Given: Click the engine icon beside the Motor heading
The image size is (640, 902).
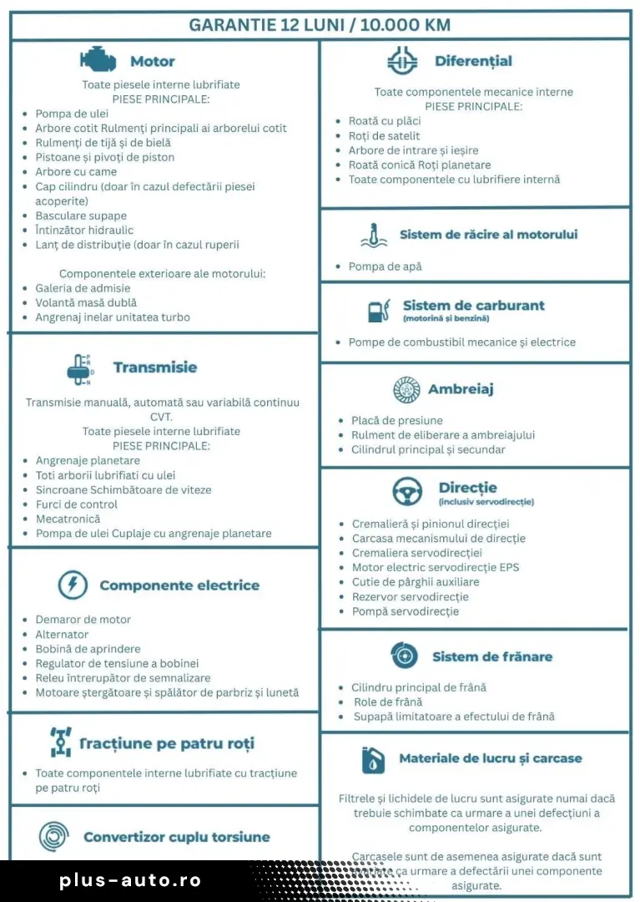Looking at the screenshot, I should pos(98,60).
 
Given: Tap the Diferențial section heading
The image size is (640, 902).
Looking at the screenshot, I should pos(473,61).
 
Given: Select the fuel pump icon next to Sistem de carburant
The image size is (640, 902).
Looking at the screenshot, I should pos(379,311).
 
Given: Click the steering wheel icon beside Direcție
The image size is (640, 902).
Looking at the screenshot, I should pos(407,492).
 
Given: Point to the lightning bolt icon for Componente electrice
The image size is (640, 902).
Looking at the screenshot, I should pos(73,585).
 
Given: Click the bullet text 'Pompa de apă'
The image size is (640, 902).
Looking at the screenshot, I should pos(385,266).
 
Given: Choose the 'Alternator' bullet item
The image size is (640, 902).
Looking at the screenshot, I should pos(62,635).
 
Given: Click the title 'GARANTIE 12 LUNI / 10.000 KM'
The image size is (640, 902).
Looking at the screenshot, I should pos(320,25).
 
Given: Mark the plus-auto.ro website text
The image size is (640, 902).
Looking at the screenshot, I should pos(130,880).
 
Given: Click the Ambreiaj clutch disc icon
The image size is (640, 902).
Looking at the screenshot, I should pos(406,389).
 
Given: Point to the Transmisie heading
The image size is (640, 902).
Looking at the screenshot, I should pos(155,367).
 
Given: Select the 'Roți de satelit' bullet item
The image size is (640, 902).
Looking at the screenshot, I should pos(384,136).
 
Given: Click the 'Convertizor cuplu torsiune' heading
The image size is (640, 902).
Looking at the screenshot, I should pos(177,837).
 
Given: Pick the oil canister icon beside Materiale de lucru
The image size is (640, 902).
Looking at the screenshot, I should pos(373,759).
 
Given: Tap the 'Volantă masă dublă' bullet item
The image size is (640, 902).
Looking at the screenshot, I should pos(86,302).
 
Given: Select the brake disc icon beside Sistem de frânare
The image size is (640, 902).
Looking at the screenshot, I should pos(404,656).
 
